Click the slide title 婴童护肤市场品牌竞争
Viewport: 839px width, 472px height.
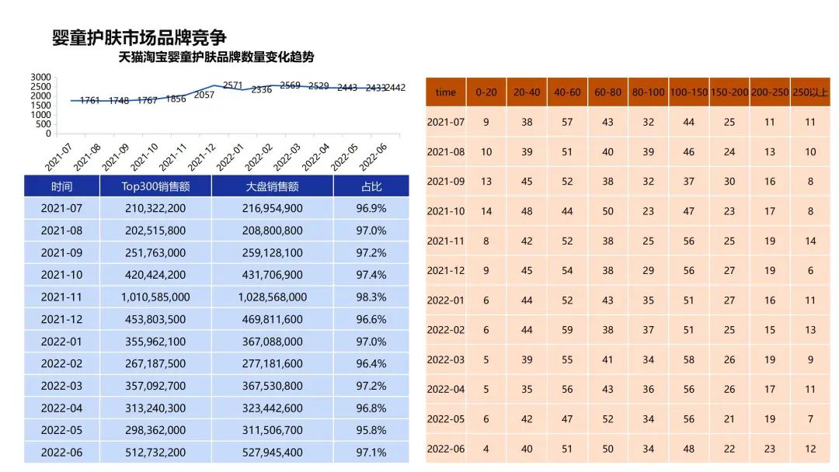point(139,37)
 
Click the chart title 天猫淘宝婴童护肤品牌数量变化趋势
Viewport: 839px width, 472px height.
point(216,57)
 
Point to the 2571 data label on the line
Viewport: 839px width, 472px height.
point(233,85)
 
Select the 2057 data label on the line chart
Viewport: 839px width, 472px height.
point(204,95)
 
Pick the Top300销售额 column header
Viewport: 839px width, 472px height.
point(155,186)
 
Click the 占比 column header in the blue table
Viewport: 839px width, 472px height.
point(371,186)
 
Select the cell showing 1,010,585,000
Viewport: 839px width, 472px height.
point(155,297)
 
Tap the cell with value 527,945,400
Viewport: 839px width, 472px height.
point(273,453)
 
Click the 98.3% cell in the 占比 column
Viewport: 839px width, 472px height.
point(371,297)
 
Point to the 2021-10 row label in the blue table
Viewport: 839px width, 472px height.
point(61,275)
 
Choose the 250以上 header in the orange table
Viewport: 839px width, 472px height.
point(810,92)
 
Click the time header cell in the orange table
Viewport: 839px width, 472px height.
point(446,92)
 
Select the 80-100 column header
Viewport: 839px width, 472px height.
point(648,92)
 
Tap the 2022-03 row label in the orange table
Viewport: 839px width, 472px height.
point(446,359)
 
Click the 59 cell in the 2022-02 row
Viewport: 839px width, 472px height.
point(567,330)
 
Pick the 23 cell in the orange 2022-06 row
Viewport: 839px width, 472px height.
point(769,449)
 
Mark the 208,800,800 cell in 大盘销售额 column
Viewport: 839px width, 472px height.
point(273,231)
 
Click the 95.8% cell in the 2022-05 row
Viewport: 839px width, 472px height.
point(371,430)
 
